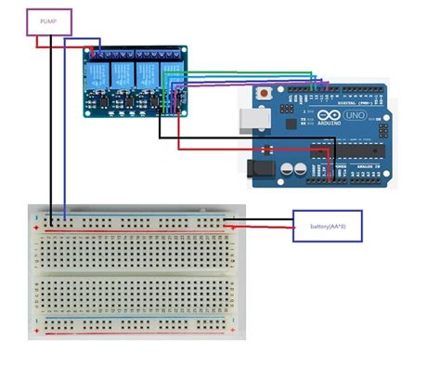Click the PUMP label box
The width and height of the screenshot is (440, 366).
[49, 22]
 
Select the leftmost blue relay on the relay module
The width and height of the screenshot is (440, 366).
[96, 73]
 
